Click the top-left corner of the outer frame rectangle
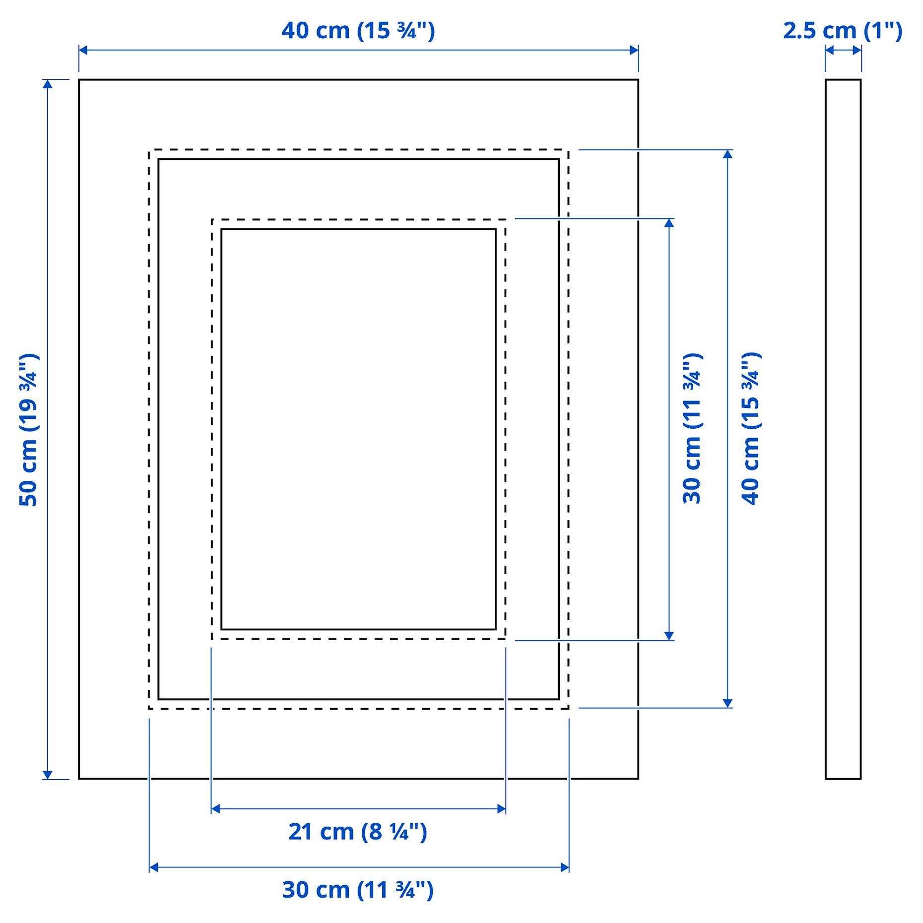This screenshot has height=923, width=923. pyautogui.click(x=79, y=79)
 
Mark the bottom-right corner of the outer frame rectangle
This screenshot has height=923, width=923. pyautogui.click(x=638, y=779)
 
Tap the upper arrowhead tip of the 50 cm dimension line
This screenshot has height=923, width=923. pyautogui.click(x=48, y=80)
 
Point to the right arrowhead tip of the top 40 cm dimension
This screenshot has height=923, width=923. pyautogui.click(x=638, y=50)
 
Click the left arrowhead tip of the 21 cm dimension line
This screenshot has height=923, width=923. pyautogui.click(x=211, y=809)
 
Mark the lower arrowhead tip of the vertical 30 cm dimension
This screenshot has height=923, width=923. pyautogui.click(x=669, y=640)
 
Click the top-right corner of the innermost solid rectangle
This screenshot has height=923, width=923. pyautogui.click(x=496, y=229)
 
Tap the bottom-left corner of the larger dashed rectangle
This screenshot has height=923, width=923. pyautogui.click(x=149, y=708)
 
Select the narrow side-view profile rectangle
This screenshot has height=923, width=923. pyautogui.click(x=843, y=429)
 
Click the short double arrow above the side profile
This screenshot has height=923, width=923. pyautogui.click(x=843, y=50)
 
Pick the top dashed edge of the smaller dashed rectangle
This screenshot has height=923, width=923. pyautogui.click(x=359, y=219)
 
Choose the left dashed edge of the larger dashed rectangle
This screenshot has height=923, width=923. pyautogui.click(x=149, y=429)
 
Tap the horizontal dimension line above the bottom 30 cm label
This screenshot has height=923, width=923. pyautogui.click(x=359, y=867)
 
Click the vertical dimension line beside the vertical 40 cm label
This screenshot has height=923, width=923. pyautogui.click(x=727, y=429)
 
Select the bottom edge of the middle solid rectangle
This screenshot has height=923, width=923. pyautogui.click(x=359, y=699)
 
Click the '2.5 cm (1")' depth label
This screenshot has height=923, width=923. pyautogui.click(x=843, y=31)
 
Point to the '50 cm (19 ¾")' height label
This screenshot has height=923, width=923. pyautogui.click(x=29, y=430)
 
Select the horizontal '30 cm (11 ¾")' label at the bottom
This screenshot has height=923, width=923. pyautogui.click(x=358, y=890)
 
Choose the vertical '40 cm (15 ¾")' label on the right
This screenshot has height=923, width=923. pyautogui.click(x=751, y=429)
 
